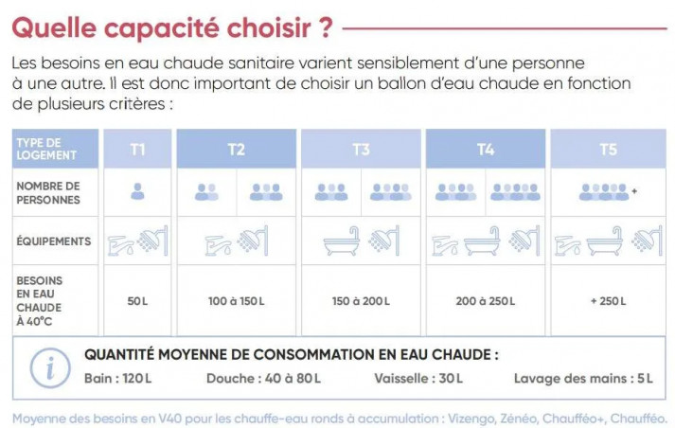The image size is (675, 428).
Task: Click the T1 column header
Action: coord(137,150)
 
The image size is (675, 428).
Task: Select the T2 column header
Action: coord(237,150)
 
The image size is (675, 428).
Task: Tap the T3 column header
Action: coord(361,150)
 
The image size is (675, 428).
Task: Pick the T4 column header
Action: coord(486,150)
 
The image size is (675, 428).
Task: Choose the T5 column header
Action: coord(608,150)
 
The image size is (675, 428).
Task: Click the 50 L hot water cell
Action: coord(137,301)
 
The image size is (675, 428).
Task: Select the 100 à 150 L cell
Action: coord(237,301)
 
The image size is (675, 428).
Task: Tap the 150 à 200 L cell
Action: coord(361,301)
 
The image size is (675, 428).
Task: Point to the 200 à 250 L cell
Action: coord(486,301)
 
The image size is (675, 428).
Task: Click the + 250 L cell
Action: coord(608,301)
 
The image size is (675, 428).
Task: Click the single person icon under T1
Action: coord(137,192)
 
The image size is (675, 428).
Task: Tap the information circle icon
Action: coord(50,366)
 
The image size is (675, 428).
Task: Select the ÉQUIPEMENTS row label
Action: coord(54,241)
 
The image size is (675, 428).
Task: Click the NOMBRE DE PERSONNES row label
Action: coord(48,192)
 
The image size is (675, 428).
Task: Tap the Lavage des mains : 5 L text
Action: coord(583,379)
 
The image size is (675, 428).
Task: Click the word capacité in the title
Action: coord(161,28)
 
